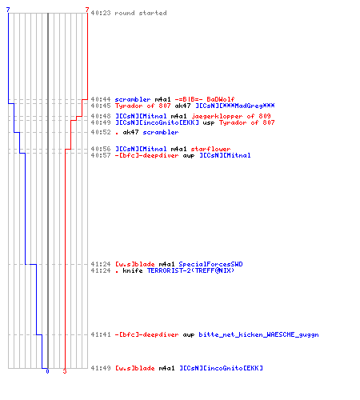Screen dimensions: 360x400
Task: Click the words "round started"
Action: pos(141,13)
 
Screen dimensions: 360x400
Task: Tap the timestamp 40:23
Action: pos(101,13)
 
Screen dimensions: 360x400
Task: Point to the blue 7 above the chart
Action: pos(8,10)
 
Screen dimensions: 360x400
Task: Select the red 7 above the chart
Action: pos(87,10)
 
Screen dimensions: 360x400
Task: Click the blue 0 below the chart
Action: pos(47,371)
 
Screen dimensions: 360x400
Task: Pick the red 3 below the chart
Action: pos(65,371)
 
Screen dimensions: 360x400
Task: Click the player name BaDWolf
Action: pos(221,99)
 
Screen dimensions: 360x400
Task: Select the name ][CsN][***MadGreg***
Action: pos(235,106)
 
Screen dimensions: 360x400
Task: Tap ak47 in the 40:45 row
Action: pos(182,106)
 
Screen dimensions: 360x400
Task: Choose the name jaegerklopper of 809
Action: pos(231,116)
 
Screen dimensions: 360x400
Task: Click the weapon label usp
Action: pos(209,122)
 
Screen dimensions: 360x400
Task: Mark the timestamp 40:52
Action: pos(101,132)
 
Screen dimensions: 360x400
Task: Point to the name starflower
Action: pos(210,149)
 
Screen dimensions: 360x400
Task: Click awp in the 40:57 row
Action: pos(189,155)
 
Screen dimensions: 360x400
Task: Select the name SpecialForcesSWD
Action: pos(210,264)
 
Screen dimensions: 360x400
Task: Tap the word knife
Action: pos(133,270)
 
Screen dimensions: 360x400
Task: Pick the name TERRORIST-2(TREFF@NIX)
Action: pos(190,270)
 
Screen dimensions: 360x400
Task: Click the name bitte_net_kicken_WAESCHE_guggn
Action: pos(258,334)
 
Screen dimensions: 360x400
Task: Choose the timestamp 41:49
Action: pos(101,368)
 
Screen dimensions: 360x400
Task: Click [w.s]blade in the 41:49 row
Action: pos(135,368)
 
